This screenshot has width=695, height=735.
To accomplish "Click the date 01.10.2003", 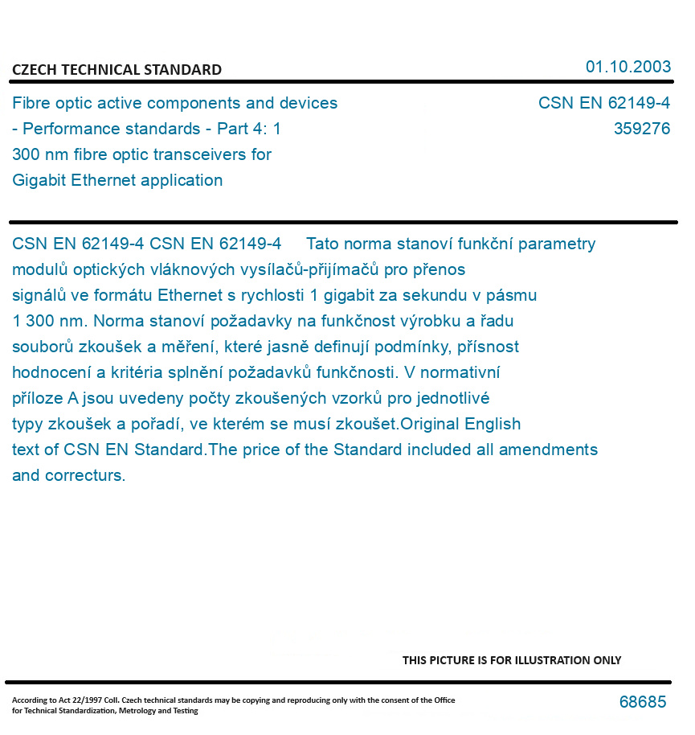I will [x=628, y=67].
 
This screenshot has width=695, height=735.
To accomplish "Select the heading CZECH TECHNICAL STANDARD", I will [x=117, y=70].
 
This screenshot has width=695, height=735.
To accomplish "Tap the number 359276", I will [x=641, y=129].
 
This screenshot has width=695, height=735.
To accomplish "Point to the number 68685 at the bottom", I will [x=642, y=702].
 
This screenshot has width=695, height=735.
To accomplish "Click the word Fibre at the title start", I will [x=31, y=103].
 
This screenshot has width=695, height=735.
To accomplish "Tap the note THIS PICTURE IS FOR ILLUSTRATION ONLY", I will [x=511, y=660].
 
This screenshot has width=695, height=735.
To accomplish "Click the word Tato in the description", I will [x=324, y=244].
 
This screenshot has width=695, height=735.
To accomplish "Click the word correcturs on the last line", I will [x=84, y=475].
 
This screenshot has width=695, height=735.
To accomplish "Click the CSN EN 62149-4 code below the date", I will [x=603, y=103].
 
